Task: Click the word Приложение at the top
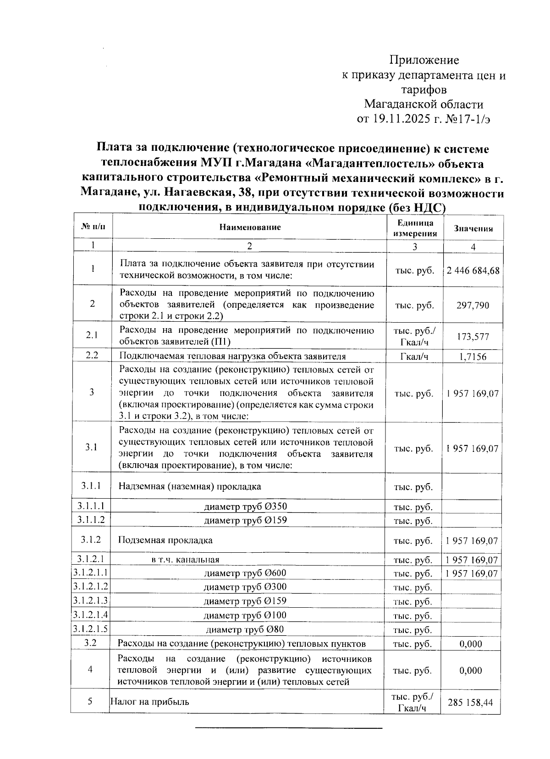[x=424, y=60]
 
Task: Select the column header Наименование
[x=249, y=227]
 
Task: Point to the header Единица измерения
[x=415, y=228]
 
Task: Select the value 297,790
[x=473, y=305]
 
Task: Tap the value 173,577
[x=473, y=337]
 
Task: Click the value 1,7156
[x=473, y=357]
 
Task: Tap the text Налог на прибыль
[x=150, y=702]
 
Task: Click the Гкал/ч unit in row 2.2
[x=414, y=357]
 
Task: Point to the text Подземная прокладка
[x=165, y=540]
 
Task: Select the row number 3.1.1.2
[x=91, y=520]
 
